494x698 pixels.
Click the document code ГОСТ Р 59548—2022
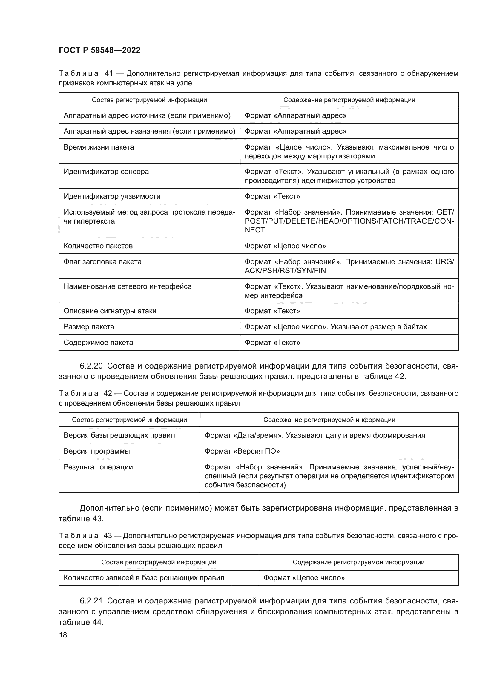99,50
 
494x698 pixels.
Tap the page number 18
63,635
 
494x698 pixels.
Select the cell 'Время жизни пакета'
99,147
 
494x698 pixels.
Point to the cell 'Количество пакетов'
98,246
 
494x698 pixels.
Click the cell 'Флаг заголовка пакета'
102,262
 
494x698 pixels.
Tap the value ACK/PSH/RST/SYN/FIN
285,271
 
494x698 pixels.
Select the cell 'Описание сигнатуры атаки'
110,311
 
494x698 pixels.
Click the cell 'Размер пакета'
89,327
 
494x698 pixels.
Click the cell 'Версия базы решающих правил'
119,435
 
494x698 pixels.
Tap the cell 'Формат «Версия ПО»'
242,451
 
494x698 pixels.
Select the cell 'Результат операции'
98,467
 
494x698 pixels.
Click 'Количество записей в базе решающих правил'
144,578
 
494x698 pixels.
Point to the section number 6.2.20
91,366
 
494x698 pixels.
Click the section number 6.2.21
91,601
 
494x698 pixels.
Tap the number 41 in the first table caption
109,74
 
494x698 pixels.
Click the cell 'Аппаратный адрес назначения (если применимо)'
149,131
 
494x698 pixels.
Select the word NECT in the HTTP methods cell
254,230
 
